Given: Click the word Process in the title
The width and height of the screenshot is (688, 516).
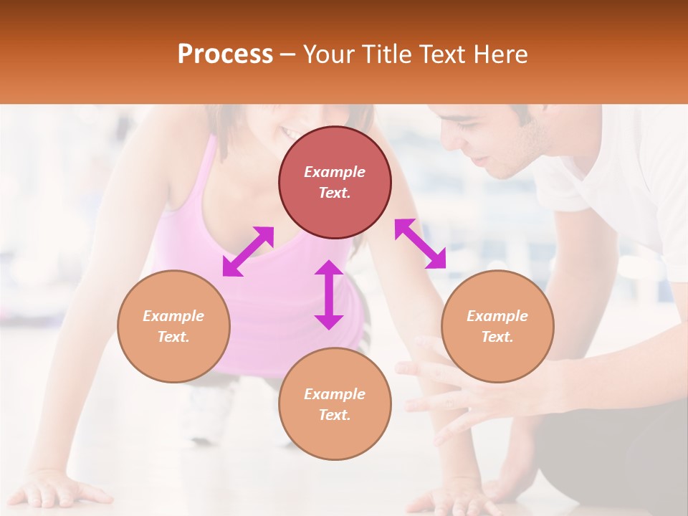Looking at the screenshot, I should click(225, 54).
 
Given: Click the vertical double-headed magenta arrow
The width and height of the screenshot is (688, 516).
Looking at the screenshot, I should click(329, 295).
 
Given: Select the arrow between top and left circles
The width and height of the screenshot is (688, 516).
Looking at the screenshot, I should click(248, 251).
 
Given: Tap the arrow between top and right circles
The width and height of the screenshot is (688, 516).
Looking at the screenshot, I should click(420, 244).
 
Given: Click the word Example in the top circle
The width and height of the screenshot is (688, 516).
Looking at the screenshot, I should click(335, 172).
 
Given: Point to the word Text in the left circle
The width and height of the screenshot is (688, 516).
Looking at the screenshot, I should click(173, 337).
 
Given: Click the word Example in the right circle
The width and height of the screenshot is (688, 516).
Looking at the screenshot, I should click(497, 316).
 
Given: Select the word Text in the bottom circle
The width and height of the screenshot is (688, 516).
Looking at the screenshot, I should click(335, 415).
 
